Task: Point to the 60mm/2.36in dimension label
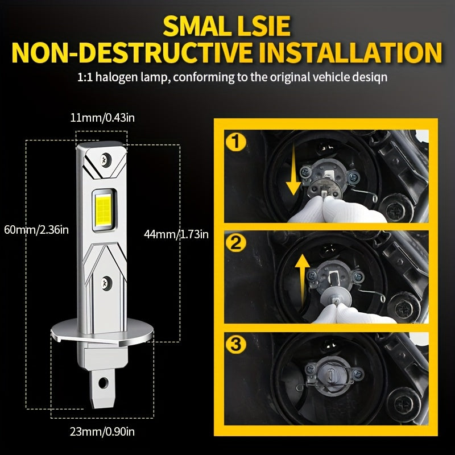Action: tap(35, 230)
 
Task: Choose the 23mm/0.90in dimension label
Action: tap(102, 431)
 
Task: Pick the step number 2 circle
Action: tap(236, 243)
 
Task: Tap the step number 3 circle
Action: tap(236, 345)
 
